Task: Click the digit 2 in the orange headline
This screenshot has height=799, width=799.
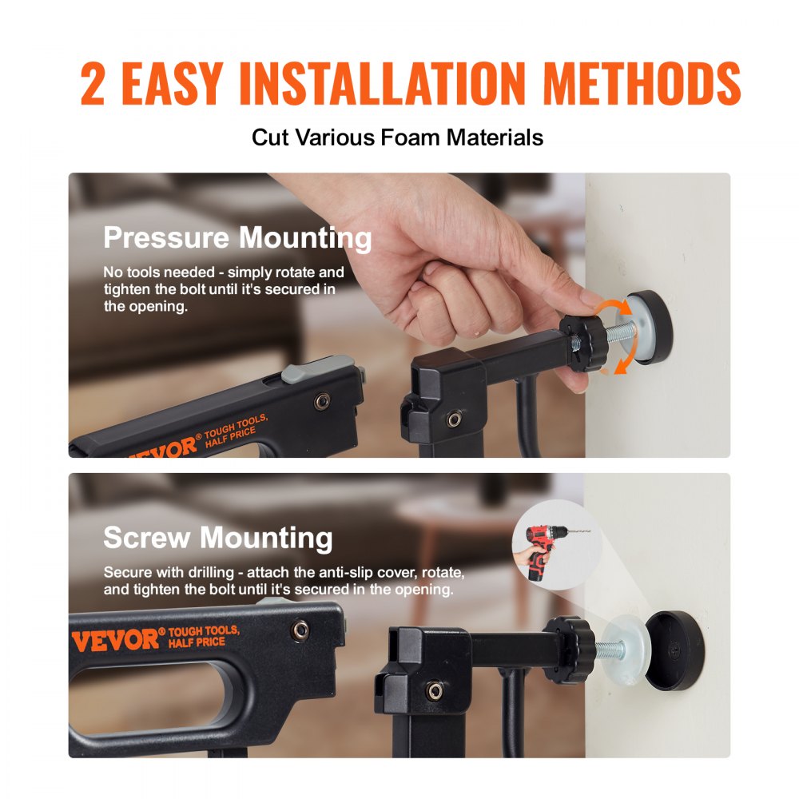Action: [x=93, y=84]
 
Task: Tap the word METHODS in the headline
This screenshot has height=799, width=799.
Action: [x=642, y=84]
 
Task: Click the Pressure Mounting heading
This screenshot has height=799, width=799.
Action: [x=237, y=238]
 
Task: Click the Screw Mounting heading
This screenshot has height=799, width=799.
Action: [x=218, y=538]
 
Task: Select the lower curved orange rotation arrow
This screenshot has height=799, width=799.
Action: [x=624, y=360]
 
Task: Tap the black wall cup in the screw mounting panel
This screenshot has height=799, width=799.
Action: [x=674, y=650]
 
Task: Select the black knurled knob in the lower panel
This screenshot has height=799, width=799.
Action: [x=569, y=649]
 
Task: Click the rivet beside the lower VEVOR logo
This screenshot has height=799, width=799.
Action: [x=300, y=631]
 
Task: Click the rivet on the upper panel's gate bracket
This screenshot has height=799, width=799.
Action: [x=454, y=419]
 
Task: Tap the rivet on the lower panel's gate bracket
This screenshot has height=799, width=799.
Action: [x=434, y=691]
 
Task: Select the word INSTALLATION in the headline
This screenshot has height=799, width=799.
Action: [x=382, y=84]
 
